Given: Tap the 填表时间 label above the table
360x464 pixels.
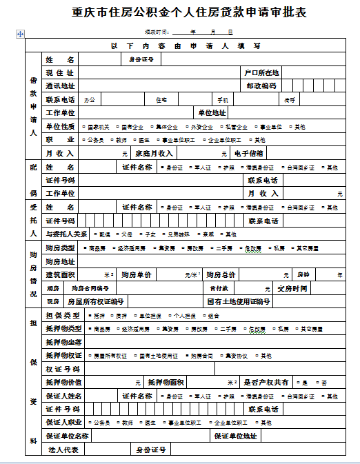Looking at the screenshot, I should pos(156,32).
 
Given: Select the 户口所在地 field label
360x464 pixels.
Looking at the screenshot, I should pos(261,72).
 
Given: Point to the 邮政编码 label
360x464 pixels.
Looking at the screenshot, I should pos(261,85).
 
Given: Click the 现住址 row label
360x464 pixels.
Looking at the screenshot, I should pos(59,72).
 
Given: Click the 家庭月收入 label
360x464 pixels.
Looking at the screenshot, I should pos(154,153).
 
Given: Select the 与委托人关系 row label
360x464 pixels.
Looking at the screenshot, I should pos(67,234).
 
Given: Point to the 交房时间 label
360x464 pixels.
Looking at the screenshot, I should pos(292,288).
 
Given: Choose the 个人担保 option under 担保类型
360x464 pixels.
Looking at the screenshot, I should pos(186,316).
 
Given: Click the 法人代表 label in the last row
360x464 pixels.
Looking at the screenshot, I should pos(62,449).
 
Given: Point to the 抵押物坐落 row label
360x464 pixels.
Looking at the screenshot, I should pos(64,342).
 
